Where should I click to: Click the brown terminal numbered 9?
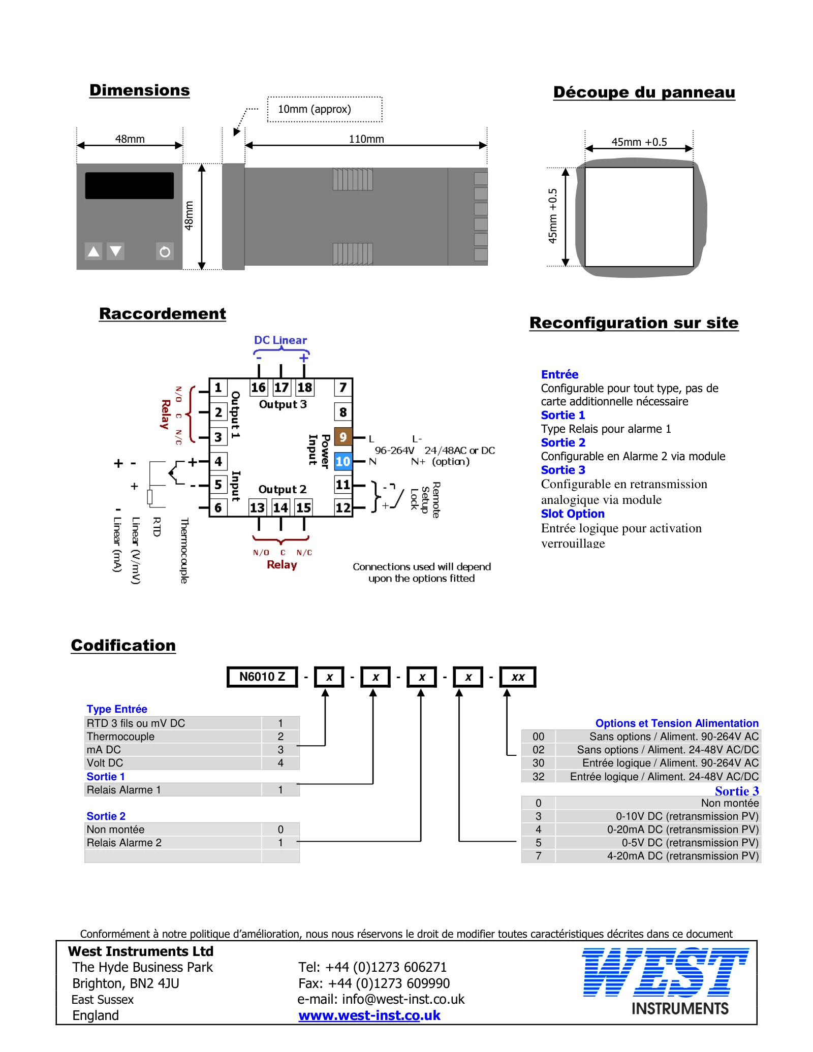[343, 437]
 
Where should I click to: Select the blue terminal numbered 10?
[343, 461]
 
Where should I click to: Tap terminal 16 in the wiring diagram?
[258, 388]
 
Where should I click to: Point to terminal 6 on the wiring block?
[218, 507]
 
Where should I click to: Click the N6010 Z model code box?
[262, 677]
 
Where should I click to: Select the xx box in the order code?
[518, 677]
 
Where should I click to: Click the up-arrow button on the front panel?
[94, 251]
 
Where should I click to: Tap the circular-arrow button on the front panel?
[165, 251]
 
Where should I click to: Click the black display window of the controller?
[129, 185]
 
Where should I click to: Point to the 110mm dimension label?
[366, 139]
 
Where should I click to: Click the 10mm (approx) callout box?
[325, 109]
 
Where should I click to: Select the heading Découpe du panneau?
[644, 92]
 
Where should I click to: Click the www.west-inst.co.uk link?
[369, 1015]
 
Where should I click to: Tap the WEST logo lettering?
[665, 972]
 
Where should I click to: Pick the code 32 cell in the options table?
[539, 776]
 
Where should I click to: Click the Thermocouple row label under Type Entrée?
[120, 737]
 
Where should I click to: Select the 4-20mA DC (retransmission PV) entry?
[682, 856]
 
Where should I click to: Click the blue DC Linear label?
[280, 340]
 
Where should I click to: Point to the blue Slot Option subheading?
[573, 514]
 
